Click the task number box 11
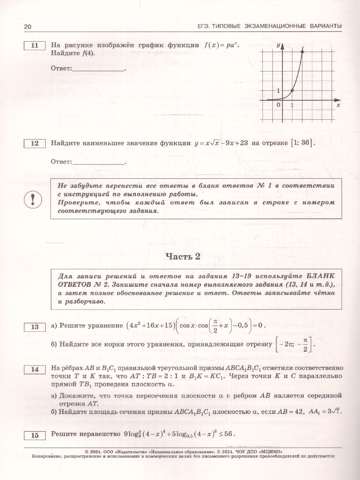tap(35, 46)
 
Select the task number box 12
tap(35, 143)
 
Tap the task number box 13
tap(35, 327)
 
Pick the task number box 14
tap(35, 369)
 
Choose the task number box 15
tap(35, 435)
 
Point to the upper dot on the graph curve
tap(302, 52)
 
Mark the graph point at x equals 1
tap(292, 91)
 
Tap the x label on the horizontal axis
tap(338, 105)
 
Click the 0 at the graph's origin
tap(279, 105)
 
